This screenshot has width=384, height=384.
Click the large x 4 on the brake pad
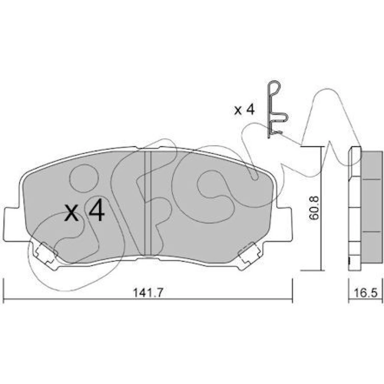tap(84, 210)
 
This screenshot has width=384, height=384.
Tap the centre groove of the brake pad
tap(148, 203)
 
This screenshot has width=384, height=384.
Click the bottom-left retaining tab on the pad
tap(46, 255)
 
